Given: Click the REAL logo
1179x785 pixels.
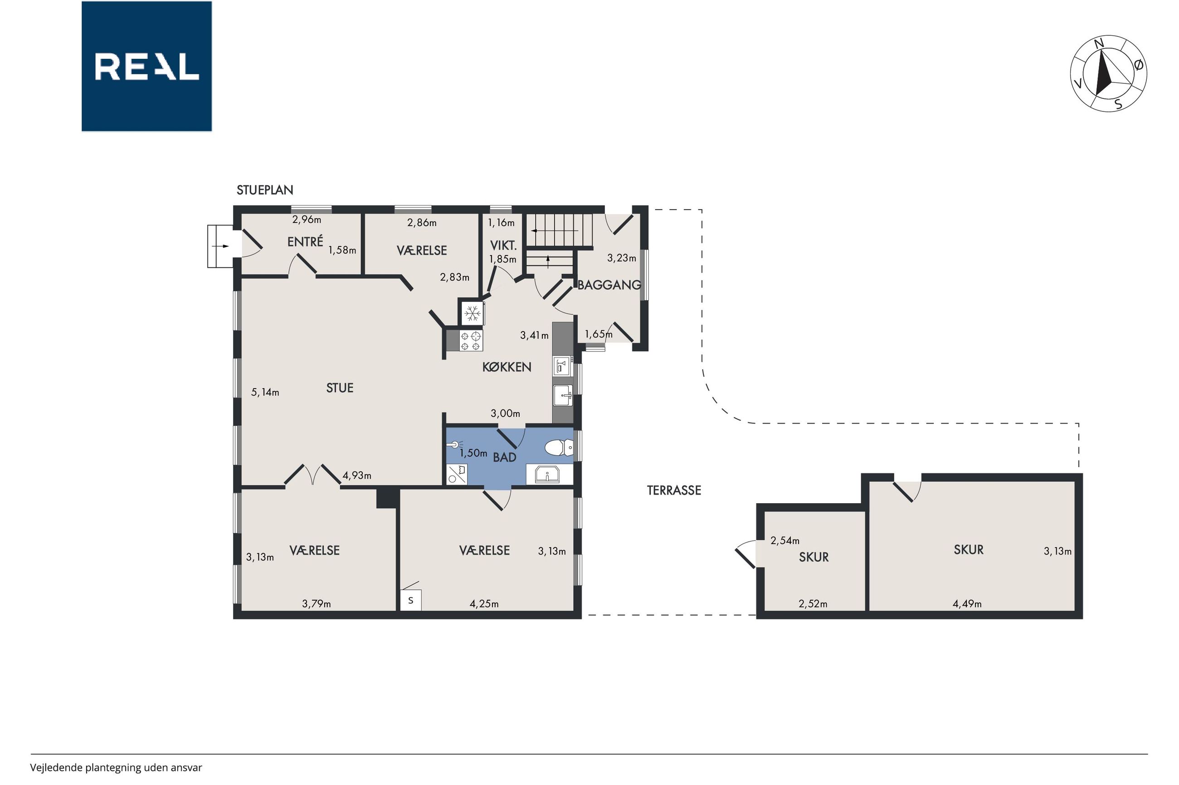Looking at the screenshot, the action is click(146, 66).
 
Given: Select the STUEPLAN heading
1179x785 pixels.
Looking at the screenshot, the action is click(264, 190).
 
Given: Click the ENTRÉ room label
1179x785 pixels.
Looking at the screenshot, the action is click(305, 241).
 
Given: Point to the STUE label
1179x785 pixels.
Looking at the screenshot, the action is click(340, 388).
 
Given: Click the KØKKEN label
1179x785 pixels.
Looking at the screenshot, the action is click(507, 367).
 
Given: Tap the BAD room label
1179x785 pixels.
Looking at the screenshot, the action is click(505, 457).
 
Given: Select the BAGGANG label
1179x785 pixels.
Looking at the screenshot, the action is click(609, 285).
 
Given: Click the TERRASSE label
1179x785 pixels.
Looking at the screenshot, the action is click(674, 490).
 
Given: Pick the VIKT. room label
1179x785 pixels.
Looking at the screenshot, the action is click(503, 246).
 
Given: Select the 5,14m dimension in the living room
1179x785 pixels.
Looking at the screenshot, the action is click(265, 392).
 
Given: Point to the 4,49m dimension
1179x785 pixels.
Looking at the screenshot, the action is click(967, 604).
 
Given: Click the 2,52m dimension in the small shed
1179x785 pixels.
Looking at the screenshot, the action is click(813, 604).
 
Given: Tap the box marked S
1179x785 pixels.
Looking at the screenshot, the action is click(411, 600).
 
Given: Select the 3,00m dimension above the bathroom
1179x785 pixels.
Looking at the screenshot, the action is click(505, 414).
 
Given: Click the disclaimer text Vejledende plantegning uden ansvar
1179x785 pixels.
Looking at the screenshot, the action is click(116, 767).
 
